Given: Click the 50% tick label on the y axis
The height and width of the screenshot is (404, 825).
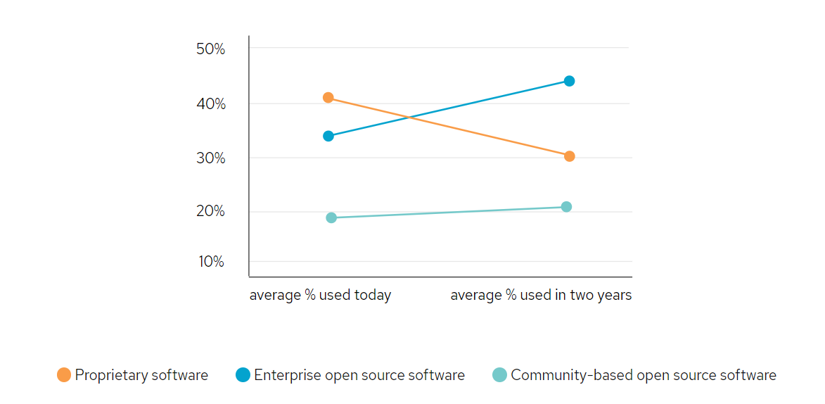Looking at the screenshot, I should [211, 49].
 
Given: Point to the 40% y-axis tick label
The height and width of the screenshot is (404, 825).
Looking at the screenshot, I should [211, 104].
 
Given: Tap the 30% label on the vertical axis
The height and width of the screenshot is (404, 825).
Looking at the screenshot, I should [211, 158].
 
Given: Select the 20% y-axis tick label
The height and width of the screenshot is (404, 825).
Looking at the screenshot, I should [211, 212].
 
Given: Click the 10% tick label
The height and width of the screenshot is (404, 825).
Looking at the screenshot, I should [211, 262].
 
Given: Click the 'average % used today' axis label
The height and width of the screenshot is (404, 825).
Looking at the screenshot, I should [320, 295].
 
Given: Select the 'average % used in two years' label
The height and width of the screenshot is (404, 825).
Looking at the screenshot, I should [541, 295].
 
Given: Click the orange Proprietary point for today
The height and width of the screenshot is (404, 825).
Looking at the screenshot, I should [328, 98].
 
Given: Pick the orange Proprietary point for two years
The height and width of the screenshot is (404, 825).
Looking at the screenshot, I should [569, 156].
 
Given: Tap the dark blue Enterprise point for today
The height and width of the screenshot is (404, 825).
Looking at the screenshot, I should [328, 136].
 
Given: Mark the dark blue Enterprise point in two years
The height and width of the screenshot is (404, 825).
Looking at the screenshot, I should [569, 81].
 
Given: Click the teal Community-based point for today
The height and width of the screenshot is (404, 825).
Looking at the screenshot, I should [331, 217].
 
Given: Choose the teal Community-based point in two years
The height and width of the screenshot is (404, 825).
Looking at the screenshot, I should [566, 207].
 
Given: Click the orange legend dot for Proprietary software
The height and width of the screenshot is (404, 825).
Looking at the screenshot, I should [64, 375].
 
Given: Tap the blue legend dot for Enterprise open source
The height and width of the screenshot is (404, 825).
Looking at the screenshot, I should [243, 375].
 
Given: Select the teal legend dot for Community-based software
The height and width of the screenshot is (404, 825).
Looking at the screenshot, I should [499, 375].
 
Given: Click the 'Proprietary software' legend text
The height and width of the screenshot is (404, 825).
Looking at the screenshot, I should [141, 375].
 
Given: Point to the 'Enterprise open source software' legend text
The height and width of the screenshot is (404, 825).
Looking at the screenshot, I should [359, 375].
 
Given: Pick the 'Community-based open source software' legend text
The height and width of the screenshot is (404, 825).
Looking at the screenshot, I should [644, 375].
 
